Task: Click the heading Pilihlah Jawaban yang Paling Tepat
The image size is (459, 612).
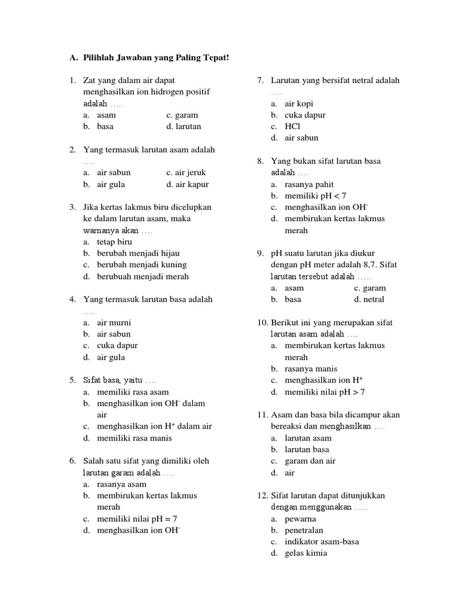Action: (155, 57)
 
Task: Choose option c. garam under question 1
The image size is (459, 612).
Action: (182, 115)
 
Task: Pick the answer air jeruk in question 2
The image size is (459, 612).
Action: (186, 173)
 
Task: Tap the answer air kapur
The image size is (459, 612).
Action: (188, 184)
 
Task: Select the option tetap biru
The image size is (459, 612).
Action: (114, 241)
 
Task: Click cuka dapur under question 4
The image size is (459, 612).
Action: (117, 345)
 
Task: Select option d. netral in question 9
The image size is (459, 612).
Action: (369, 299)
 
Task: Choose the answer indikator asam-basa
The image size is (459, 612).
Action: (322, 541)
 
